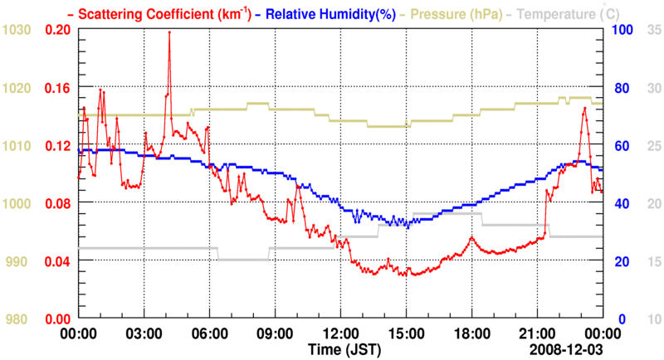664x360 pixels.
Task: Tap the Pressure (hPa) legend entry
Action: [447, 13]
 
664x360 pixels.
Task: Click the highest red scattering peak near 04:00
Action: [169, 32]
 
